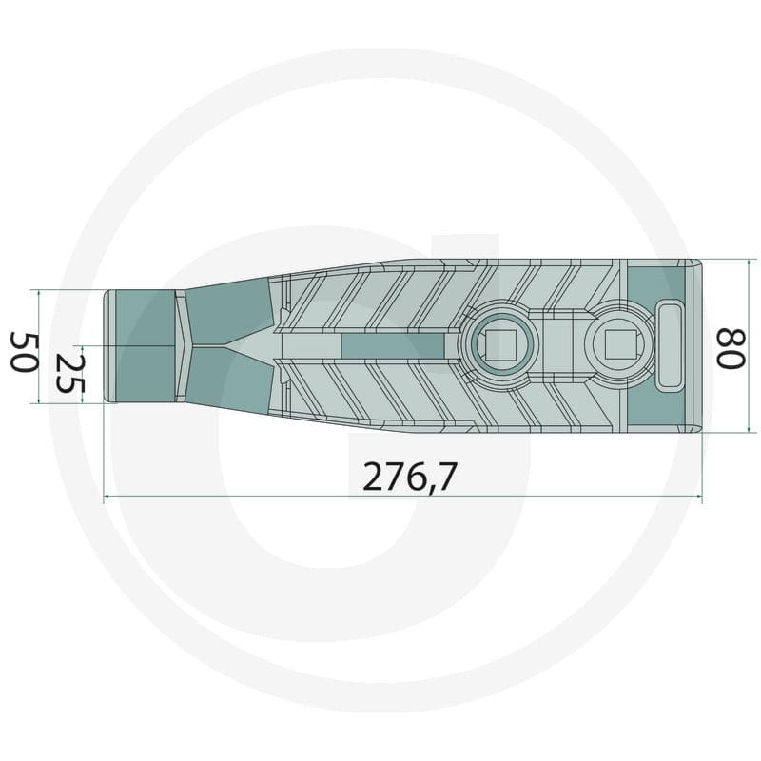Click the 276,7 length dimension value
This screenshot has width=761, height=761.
coord(410,477)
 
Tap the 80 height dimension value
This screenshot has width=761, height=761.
coord(731,348)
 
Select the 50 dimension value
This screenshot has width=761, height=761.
coord(24,352)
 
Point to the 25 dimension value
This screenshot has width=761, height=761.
coord(69,373)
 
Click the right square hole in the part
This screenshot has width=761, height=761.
coord(617,344)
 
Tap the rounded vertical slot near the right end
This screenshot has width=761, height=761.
coord(671,344)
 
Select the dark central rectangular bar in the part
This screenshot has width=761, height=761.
coord(393,346)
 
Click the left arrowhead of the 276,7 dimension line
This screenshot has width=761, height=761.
coord(107,496)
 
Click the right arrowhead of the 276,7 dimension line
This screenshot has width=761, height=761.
coord(699,496)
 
